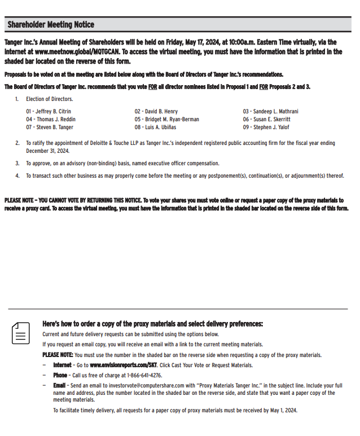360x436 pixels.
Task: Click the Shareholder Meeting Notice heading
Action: coord(51,25)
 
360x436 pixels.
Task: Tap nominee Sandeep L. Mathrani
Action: coord(270,112)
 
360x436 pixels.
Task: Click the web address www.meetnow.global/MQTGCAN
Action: coord(73,51)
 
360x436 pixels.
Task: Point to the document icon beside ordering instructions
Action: coord(21,333)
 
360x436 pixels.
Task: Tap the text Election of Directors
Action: coord(49,99)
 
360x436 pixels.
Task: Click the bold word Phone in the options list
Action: coord(60,375)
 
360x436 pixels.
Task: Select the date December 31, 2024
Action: coord(47,151)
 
